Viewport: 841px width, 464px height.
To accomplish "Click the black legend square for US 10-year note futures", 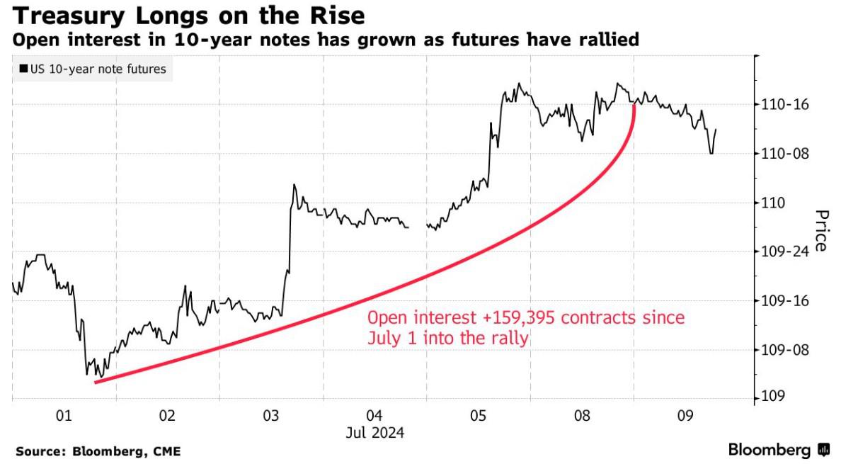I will click(x=23, y=69).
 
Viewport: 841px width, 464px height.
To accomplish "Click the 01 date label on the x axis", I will click(x=64, y=417).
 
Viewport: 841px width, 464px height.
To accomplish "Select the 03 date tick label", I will click(x=271, y=417).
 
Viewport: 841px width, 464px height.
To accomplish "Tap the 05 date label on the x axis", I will click(x=479, y=417).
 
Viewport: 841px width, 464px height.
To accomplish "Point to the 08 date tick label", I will click(x=582, y=417).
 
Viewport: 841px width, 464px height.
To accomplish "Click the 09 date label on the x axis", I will click(x=685, y=417).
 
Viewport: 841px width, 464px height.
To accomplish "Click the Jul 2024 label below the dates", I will click(x=374, y=431).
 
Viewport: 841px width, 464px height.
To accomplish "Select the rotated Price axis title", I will click(x=821, y=230).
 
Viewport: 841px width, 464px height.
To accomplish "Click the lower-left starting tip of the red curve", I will click(x=96, y=382).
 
